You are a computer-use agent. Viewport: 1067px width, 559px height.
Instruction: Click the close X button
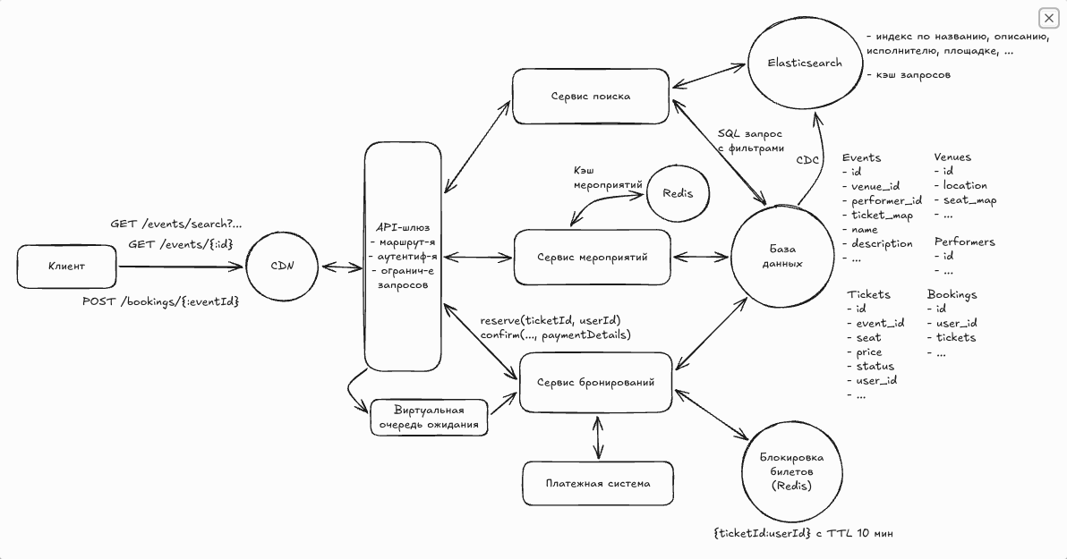tap(1048, 18)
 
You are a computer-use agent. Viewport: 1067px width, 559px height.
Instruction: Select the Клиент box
tap(66, 267)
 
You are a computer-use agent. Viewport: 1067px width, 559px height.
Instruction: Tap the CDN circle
tap(283, 266)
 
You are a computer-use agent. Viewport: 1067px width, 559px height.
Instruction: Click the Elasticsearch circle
tap(792, 64)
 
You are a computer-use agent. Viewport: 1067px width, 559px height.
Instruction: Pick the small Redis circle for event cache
tap(677, 192)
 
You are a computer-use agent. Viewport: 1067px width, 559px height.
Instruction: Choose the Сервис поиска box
tap(591, 97)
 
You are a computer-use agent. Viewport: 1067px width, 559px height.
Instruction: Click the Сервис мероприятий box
tap(592, 257)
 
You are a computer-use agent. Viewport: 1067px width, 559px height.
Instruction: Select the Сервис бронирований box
tap(595, 382)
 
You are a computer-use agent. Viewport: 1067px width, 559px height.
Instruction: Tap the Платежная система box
tap(597, 483)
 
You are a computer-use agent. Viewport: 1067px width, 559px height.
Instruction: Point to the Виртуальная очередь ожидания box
tap(429, 418)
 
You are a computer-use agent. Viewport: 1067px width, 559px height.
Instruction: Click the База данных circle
tap(784, 257)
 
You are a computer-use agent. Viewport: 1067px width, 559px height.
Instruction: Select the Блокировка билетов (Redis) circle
tap(790, 472)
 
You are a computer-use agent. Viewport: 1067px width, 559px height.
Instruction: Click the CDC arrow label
tap(808, 160)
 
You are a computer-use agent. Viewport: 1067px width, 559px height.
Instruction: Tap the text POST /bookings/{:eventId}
tap(161, 301)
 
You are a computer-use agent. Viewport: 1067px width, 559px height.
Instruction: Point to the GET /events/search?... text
tap(175, 224)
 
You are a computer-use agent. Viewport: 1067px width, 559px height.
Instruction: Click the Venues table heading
tap(952, 157)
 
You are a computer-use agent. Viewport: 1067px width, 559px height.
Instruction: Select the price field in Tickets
tap(868, 352)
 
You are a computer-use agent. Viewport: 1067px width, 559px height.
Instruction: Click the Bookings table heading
tap(952, 294)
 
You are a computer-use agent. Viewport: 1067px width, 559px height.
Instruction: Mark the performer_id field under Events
tap(885, 200)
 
